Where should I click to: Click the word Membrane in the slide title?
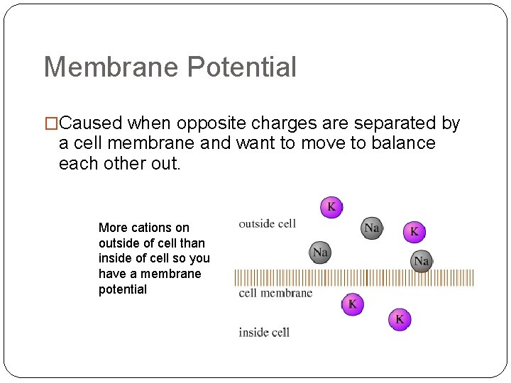112,67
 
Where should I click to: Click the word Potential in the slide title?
242,67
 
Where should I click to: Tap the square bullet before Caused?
51,124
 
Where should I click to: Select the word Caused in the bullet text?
90,123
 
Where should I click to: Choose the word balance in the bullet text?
400,143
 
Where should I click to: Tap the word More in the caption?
113,228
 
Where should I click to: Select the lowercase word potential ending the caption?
123,289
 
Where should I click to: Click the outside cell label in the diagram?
267,224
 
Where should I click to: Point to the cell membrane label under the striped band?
275,293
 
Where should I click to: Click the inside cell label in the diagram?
264,332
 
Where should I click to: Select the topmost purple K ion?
331,207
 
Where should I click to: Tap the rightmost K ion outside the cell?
414,231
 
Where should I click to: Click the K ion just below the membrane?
353,304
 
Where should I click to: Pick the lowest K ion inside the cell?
400,319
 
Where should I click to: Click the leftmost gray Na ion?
320,252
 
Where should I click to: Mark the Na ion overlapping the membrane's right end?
422,261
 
